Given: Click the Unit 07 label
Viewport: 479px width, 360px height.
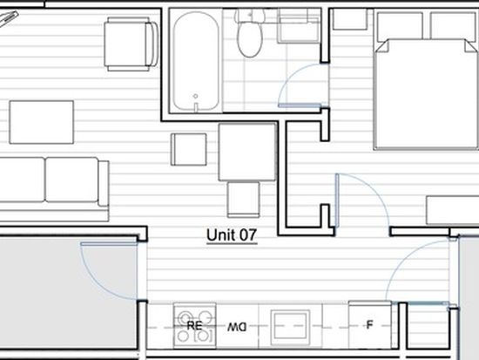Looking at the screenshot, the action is (232, 235).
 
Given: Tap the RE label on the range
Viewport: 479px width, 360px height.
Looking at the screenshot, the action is (194, 326).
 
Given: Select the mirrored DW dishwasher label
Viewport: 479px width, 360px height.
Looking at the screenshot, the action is (237, 328).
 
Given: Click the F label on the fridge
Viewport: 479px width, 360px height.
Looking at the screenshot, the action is (369, 324).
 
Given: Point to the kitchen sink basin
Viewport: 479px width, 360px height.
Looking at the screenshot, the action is (290, 325).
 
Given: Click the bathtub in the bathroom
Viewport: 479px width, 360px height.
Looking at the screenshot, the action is (196, 61).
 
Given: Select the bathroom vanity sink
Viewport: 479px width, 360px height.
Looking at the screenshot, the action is (299, 26).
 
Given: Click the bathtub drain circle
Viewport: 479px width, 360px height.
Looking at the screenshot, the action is (195, 96).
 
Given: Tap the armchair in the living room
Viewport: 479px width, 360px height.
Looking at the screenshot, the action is (132, 44).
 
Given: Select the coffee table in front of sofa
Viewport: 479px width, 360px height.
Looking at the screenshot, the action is (42, 122).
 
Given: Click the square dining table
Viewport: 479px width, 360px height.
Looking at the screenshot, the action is (247, 152).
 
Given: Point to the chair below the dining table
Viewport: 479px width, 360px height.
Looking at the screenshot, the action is (244, 200).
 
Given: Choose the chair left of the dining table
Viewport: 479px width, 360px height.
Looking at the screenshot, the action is (188, 149).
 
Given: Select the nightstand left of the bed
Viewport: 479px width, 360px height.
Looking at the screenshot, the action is (350, 19).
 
